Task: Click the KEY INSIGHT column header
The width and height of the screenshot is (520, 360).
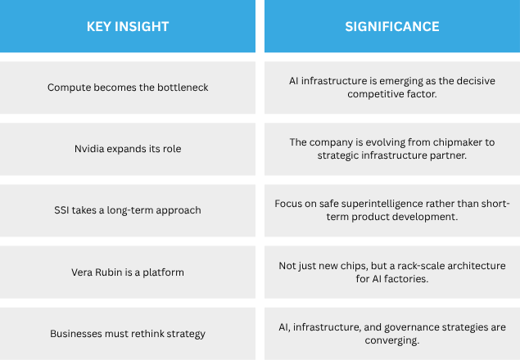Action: (128, 26)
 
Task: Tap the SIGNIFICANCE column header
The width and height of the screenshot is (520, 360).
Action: (392, 26)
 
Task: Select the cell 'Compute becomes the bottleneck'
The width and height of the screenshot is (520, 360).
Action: (128, 88)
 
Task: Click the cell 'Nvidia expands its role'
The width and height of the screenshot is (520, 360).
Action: (128, 149)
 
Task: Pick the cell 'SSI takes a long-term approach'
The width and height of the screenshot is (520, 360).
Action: (128, 210)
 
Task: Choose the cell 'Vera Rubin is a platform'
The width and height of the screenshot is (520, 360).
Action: (128, 272)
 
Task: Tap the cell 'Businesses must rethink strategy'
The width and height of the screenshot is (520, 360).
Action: (128, 334)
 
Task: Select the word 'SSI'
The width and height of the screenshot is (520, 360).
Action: (61, 210)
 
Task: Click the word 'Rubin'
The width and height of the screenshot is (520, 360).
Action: (110, 272)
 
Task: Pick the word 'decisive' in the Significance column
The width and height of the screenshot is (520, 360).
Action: (477, 81)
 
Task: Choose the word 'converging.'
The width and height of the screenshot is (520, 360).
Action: (392, 340)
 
